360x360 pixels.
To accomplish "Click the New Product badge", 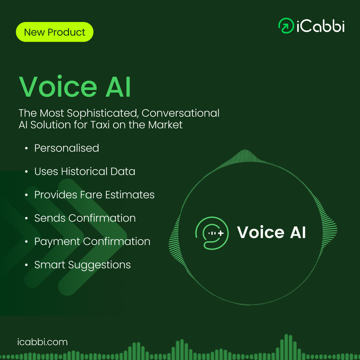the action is (x=55, y=32).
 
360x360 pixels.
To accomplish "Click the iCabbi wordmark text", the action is (x=321, y=26).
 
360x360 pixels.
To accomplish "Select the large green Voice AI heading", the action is (x=75, y=87).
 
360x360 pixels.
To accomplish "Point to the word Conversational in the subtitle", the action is (x=180, y=113).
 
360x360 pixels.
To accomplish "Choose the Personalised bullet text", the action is (x=67, y=148).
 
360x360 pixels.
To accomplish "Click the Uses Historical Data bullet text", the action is (x=85, y=172).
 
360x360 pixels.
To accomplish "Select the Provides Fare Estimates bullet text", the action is (x=94, y=195).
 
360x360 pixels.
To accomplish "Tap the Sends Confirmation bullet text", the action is (x=85, y=218).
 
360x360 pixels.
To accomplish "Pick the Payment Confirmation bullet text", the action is (x=92, y=242).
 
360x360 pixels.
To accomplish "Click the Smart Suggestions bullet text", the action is (x=82, y=265).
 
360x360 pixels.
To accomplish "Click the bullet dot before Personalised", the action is (x=26, y=149).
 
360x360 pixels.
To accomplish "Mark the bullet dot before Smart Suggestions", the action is (x=26, y=265).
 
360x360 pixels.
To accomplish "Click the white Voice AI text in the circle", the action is (x=271, y=232).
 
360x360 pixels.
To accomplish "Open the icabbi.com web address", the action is (x=42, y=342).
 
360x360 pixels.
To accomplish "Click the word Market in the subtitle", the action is (x=165, y=125).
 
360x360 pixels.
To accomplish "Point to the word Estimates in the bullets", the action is (x=130, y=195).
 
